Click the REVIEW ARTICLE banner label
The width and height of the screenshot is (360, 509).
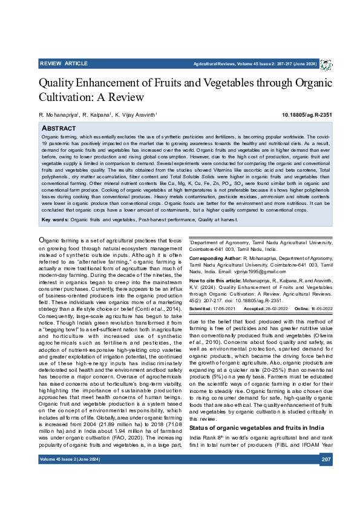pyautogui.click(x=64, y=63)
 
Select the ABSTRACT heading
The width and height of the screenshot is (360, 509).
pyautogui.click(x=59, y=129)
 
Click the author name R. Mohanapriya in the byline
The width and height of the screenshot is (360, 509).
pyautogui.click(x=59, y=115)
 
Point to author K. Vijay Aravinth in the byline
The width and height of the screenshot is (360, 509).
pyautogui.click(x=136, y=115)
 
